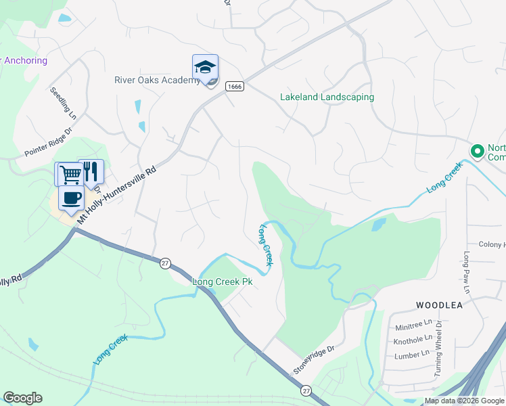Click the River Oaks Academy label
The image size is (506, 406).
pyautogui.click(x=157, y=79)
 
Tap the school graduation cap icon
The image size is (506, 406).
pyautogui.click(x=205, y=67)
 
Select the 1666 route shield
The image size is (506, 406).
pyautogui.click(x=235, y=87)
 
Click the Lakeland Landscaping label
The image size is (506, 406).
pyautogui.click(x=327, y=97)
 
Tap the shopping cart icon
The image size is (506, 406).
pyautogui.click(x=70, y=174)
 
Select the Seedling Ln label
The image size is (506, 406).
pyautogui.click(x=63, y=104)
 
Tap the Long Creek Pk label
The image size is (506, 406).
pyautogui.click(x=223, y=281)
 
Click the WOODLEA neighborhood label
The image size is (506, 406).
pyautogui.click(x=439, y=305)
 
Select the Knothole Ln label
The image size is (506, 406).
pyautogui.click(x=413, y=338)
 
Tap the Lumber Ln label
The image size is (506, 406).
pyautogui.click(x=412, y=353)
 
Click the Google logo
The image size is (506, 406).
pyautogui.click(x=22, y=398)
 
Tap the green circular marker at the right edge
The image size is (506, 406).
pyautogui.click(x=476, y=150)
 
